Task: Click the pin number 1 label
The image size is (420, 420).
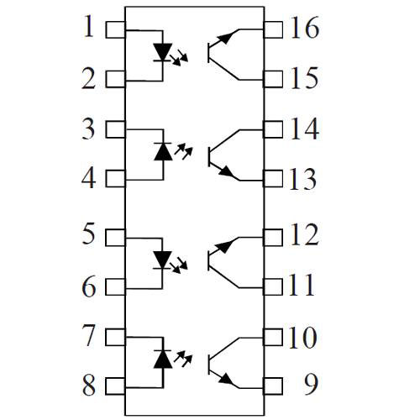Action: pyautogui.click(x=89, y=27)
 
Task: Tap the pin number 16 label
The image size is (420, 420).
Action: pyautogui.click(x=305, y=27)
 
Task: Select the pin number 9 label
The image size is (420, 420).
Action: pyautogui.click(x=311, y=385)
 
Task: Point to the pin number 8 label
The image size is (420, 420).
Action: pyautogui.click(x=89, y=386)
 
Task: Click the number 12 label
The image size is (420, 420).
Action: pyautogui.click(x=305, y=235)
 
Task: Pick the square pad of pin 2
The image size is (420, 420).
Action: pyautogui.click(x=116, y=79)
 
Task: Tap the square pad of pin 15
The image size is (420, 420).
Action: pyautogui.click(x=273, y=79)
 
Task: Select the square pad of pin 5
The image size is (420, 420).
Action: pyautogui.click(x=115, y=238)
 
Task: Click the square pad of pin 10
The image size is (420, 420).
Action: pyautogui.click(x=273, y=337)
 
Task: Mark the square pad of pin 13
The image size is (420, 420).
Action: pyautogui.click(x=273, y=179)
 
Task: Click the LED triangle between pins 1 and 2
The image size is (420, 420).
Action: pyautogui.click(x=163, y=52)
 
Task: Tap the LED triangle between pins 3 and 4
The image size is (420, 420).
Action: pyautogui.click(x=163, y=151)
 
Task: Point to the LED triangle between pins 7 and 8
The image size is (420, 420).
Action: pyautogui.click(x=163, y=359)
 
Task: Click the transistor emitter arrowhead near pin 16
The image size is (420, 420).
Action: pyautogui.click(x=225, y=37)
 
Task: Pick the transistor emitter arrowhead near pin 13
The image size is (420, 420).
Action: pyautogui.click(x=226, y=171)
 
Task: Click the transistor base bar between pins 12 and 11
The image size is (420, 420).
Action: pyautogui.click(x=209, y=260)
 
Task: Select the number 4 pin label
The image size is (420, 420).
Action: pyautogui.click(x=89, y=178)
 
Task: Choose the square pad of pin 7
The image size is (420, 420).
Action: pyautogui.click(x=116, y=337)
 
